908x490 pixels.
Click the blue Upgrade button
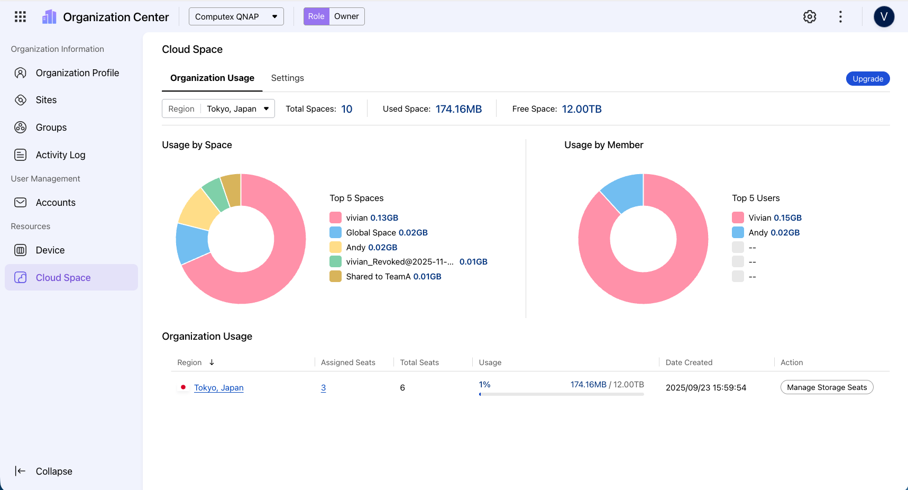868,79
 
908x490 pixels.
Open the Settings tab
287,78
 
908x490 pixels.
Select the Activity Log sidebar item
60,155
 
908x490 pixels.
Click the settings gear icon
810,17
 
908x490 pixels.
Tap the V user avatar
884,17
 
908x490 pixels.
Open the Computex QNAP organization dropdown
236,16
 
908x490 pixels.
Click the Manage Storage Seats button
827,387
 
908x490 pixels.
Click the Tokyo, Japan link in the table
219,388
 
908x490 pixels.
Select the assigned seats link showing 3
323,388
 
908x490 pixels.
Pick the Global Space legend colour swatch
335,232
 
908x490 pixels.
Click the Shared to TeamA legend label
378,277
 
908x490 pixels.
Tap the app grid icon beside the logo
20,17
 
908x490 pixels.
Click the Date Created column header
689,362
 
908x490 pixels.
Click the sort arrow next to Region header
212,362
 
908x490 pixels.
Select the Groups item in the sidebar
51,128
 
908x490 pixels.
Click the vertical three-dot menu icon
840,17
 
